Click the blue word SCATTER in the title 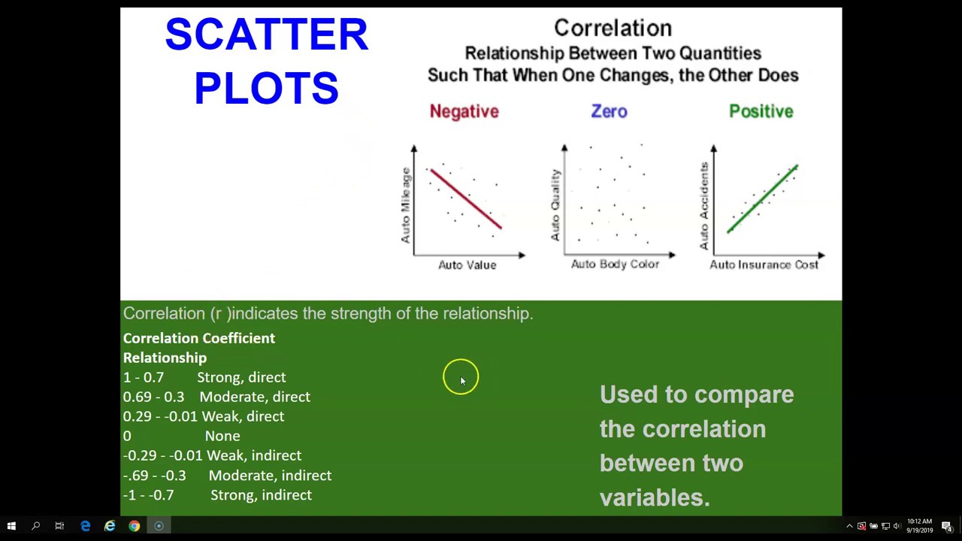click(x=266, y=36)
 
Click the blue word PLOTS click(x=266, y=89)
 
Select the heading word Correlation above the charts click(x=613, y=29)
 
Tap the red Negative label click(x=464, y=112)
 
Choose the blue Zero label click(x=609, y=112)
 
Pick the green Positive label click(x=761, y=112)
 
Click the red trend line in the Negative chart click(x=466, y=200)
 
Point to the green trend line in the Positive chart click(x=762, y=200)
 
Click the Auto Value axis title click(x=467, y=265)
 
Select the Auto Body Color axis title click(x=615, y=264)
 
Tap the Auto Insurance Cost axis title click(x=764, y=265)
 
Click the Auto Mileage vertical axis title click(x=406, y=204)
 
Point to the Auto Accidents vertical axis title click(x=704, y=205)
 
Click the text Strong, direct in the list click(x=241, y=377)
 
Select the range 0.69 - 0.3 click(x=153, y=397)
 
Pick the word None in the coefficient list click(x=222, y=436)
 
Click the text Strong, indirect click(x=261, y=495)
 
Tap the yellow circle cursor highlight click(x=460, y=377)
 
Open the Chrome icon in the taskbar click(x=134, y=526)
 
